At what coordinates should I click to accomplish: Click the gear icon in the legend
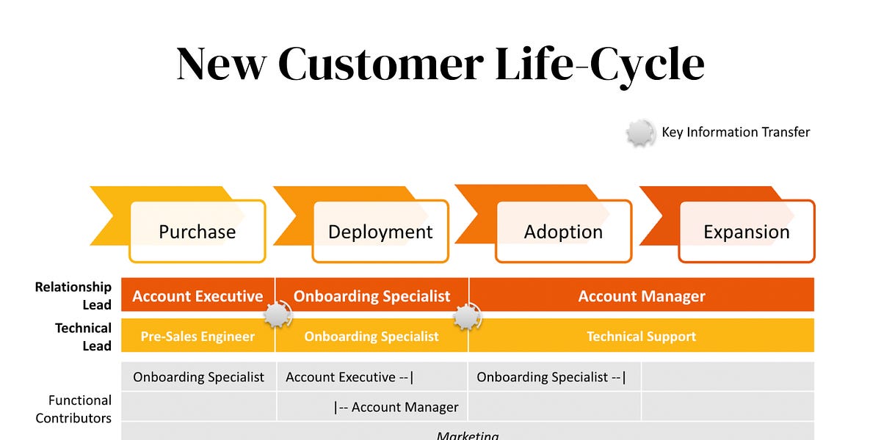click(x=640, y=133)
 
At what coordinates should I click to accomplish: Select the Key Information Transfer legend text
click(x=736, y=133)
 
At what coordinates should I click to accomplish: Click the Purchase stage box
click(x=197, y=232)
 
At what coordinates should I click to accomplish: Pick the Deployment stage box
click(x=380, y=232)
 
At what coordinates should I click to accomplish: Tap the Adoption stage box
click(x=563, y=232)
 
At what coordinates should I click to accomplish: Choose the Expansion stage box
click(x=746, y=232)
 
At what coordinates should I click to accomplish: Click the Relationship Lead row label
click(x=73, y=296)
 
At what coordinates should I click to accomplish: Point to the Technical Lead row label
click(x=83, y=337)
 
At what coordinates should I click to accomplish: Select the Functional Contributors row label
click(x=73, y=409)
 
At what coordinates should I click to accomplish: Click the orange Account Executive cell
click(x=197, y=296)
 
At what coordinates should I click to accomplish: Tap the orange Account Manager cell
click(x=642, y=296)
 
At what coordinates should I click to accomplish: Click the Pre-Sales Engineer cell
click(x=197, y=337)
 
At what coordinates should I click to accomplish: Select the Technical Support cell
click(x=642, y=337)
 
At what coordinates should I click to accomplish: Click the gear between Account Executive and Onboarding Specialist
click(x=277, y=315)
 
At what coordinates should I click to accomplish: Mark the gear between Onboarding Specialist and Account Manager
click(x=466, y=316)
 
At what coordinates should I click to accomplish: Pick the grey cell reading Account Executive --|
click(x=350, y=377)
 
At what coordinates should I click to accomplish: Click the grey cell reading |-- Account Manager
click(x=396, y=407)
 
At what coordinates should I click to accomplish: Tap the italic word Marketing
click(x=468, y=435)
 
